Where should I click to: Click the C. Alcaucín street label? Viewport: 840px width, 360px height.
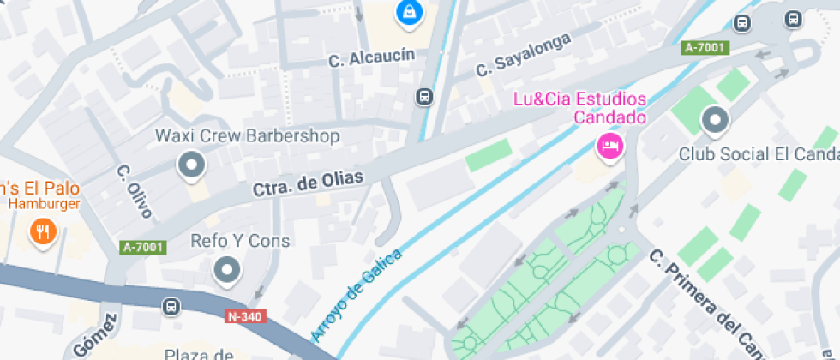[371, 58]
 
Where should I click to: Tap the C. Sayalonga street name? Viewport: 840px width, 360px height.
[523, 52]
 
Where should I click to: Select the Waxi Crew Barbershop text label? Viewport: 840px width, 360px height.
[247, 136]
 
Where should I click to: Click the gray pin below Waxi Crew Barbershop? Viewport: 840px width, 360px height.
[190, 165]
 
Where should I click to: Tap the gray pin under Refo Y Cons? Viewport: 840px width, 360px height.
[227, 270]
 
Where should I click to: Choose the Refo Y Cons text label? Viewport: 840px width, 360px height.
[240, 242]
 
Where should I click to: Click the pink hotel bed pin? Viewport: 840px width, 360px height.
[609, 145]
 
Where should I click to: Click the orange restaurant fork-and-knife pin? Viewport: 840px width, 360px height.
[42, 231]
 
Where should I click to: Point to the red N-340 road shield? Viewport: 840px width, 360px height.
[245, 316]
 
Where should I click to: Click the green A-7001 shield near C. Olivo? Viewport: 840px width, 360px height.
[142, 247]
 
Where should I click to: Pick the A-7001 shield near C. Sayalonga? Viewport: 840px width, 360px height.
[705, 49]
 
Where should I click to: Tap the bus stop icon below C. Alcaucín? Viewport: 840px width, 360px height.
[423, 96]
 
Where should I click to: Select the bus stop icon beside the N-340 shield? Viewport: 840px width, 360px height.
[172, 306]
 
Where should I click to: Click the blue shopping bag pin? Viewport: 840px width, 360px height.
[409, 13]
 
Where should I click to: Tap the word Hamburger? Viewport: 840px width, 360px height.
[45, 204]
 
